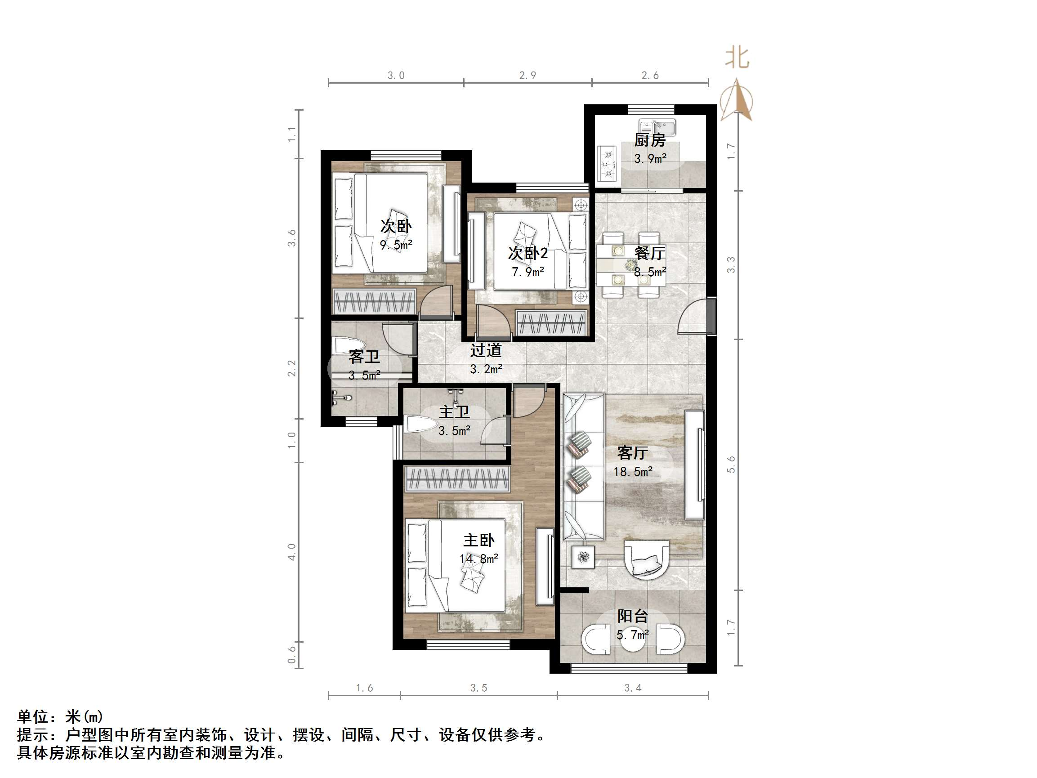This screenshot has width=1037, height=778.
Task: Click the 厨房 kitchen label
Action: [650, 140]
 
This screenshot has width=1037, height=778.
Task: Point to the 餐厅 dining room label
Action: [650, 253]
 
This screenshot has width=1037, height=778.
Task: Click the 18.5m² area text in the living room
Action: [633, 472]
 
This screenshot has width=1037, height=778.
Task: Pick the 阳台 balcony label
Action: [632, 616]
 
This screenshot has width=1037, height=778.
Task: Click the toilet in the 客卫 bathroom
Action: [345, 346]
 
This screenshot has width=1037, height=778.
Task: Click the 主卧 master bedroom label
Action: [478, 541]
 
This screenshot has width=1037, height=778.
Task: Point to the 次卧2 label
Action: [528, 254]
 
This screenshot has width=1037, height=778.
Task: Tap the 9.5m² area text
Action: [396, 245]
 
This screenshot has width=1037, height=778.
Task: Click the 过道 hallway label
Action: [486, 350]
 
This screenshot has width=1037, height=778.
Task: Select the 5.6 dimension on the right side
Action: [731, 465]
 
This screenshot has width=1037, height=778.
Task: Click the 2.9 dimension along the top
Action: [528, 76]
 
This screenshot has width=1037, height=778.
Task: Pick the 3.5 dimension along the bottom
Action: [478, 688]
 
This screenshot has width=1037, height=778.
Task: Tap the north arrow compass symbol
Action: [738, 100]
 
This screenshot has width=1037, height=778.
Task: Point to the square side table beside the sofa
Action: [583, 557]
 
